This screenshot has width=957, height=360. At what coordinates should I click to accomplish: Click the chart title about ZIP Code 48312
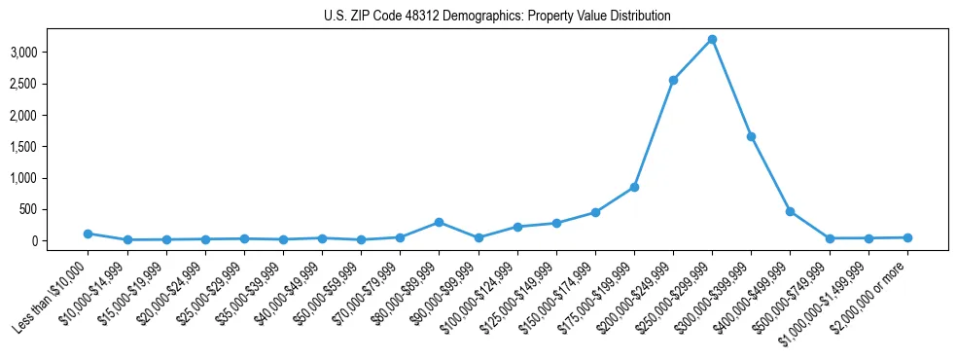point(497,16)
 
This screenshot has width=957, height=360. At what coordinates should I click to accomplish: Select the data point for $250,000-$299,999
point(712,39)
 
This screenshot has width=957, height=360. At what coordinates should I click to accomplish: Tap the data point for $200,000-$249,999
point(673,80)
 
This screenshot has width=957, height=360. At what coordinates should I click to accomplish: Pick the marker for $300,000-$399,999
point(751,136)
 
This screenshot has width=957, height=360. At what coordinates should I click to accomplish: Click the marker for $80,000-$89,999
point(439,222)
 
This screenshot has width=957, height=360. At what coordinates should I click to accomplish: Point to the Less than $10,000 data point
point(88,234)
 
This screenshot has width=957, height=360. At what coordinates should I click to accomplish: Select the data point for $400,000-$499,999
point(790,211)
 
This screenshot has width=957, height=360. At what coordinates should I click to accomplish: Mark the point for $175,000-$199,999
point(634,187)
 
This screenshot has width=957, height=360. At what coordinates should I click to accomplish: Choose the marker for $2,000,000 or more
point(907,237)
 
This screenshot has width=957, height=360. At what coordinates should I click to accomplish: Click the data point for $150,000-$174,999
point(595,212)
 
